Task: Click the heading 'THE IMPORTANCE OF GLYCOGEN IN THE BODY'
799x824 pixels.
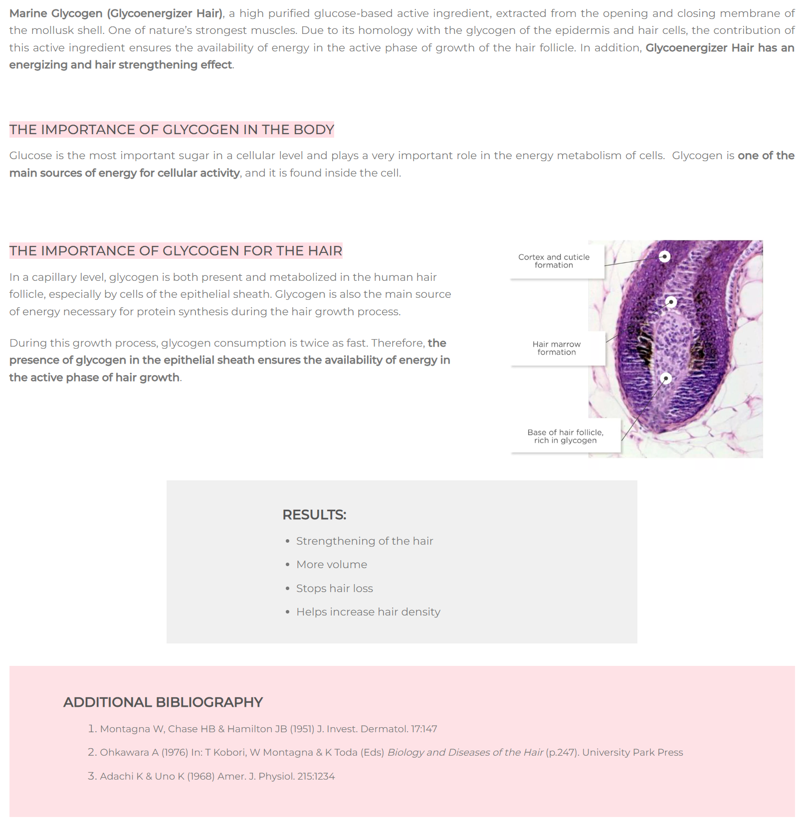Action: (172, 130)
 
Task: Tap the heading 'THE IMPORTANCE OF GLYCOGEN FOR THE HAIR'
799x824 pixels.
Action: (176, 251)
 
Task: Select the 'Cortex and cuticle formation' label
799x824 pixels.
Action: (554, 261)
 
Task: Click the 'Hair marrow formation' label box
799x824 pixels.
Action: (556, 348)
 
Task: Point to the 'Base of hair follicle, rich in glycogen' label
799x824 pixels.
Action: (565, 436)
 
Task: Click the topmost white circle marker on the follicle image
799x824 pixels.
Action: (664, 256)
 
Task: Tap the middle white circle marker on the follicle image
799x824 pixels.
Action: (671, 302)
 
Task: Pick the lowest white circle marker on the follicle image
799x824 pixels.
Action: (666, 379)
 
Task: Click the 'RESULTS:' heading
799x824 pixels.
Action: (314, 515)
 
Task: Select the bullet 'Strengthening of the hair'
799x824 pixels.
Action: (365, 541)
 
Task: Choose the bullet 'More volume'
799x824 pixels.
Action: (332, 565)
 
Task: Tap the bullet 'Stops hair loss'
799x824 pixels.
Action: (335, 589)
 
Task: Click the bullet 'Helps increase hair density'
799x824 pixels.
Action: (368, 612)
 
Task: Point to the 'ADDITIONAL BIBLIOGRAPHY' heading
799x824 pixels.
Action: (163, 702)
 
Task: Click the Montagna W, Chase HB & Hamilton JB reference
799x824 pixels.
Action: (268, 729)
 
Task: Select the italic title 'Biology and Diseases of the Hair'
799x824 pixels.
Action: (465, 753)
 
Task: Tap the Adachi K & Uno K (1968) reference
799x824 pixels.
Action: (217, 777)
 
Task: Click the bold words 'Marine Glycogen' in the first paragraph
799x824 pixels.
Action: (56, 13)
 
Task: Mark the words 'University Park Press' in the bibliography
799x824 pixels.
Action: (632, 753)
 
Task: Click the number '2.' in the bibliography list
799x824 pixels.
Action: (92, 753)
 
